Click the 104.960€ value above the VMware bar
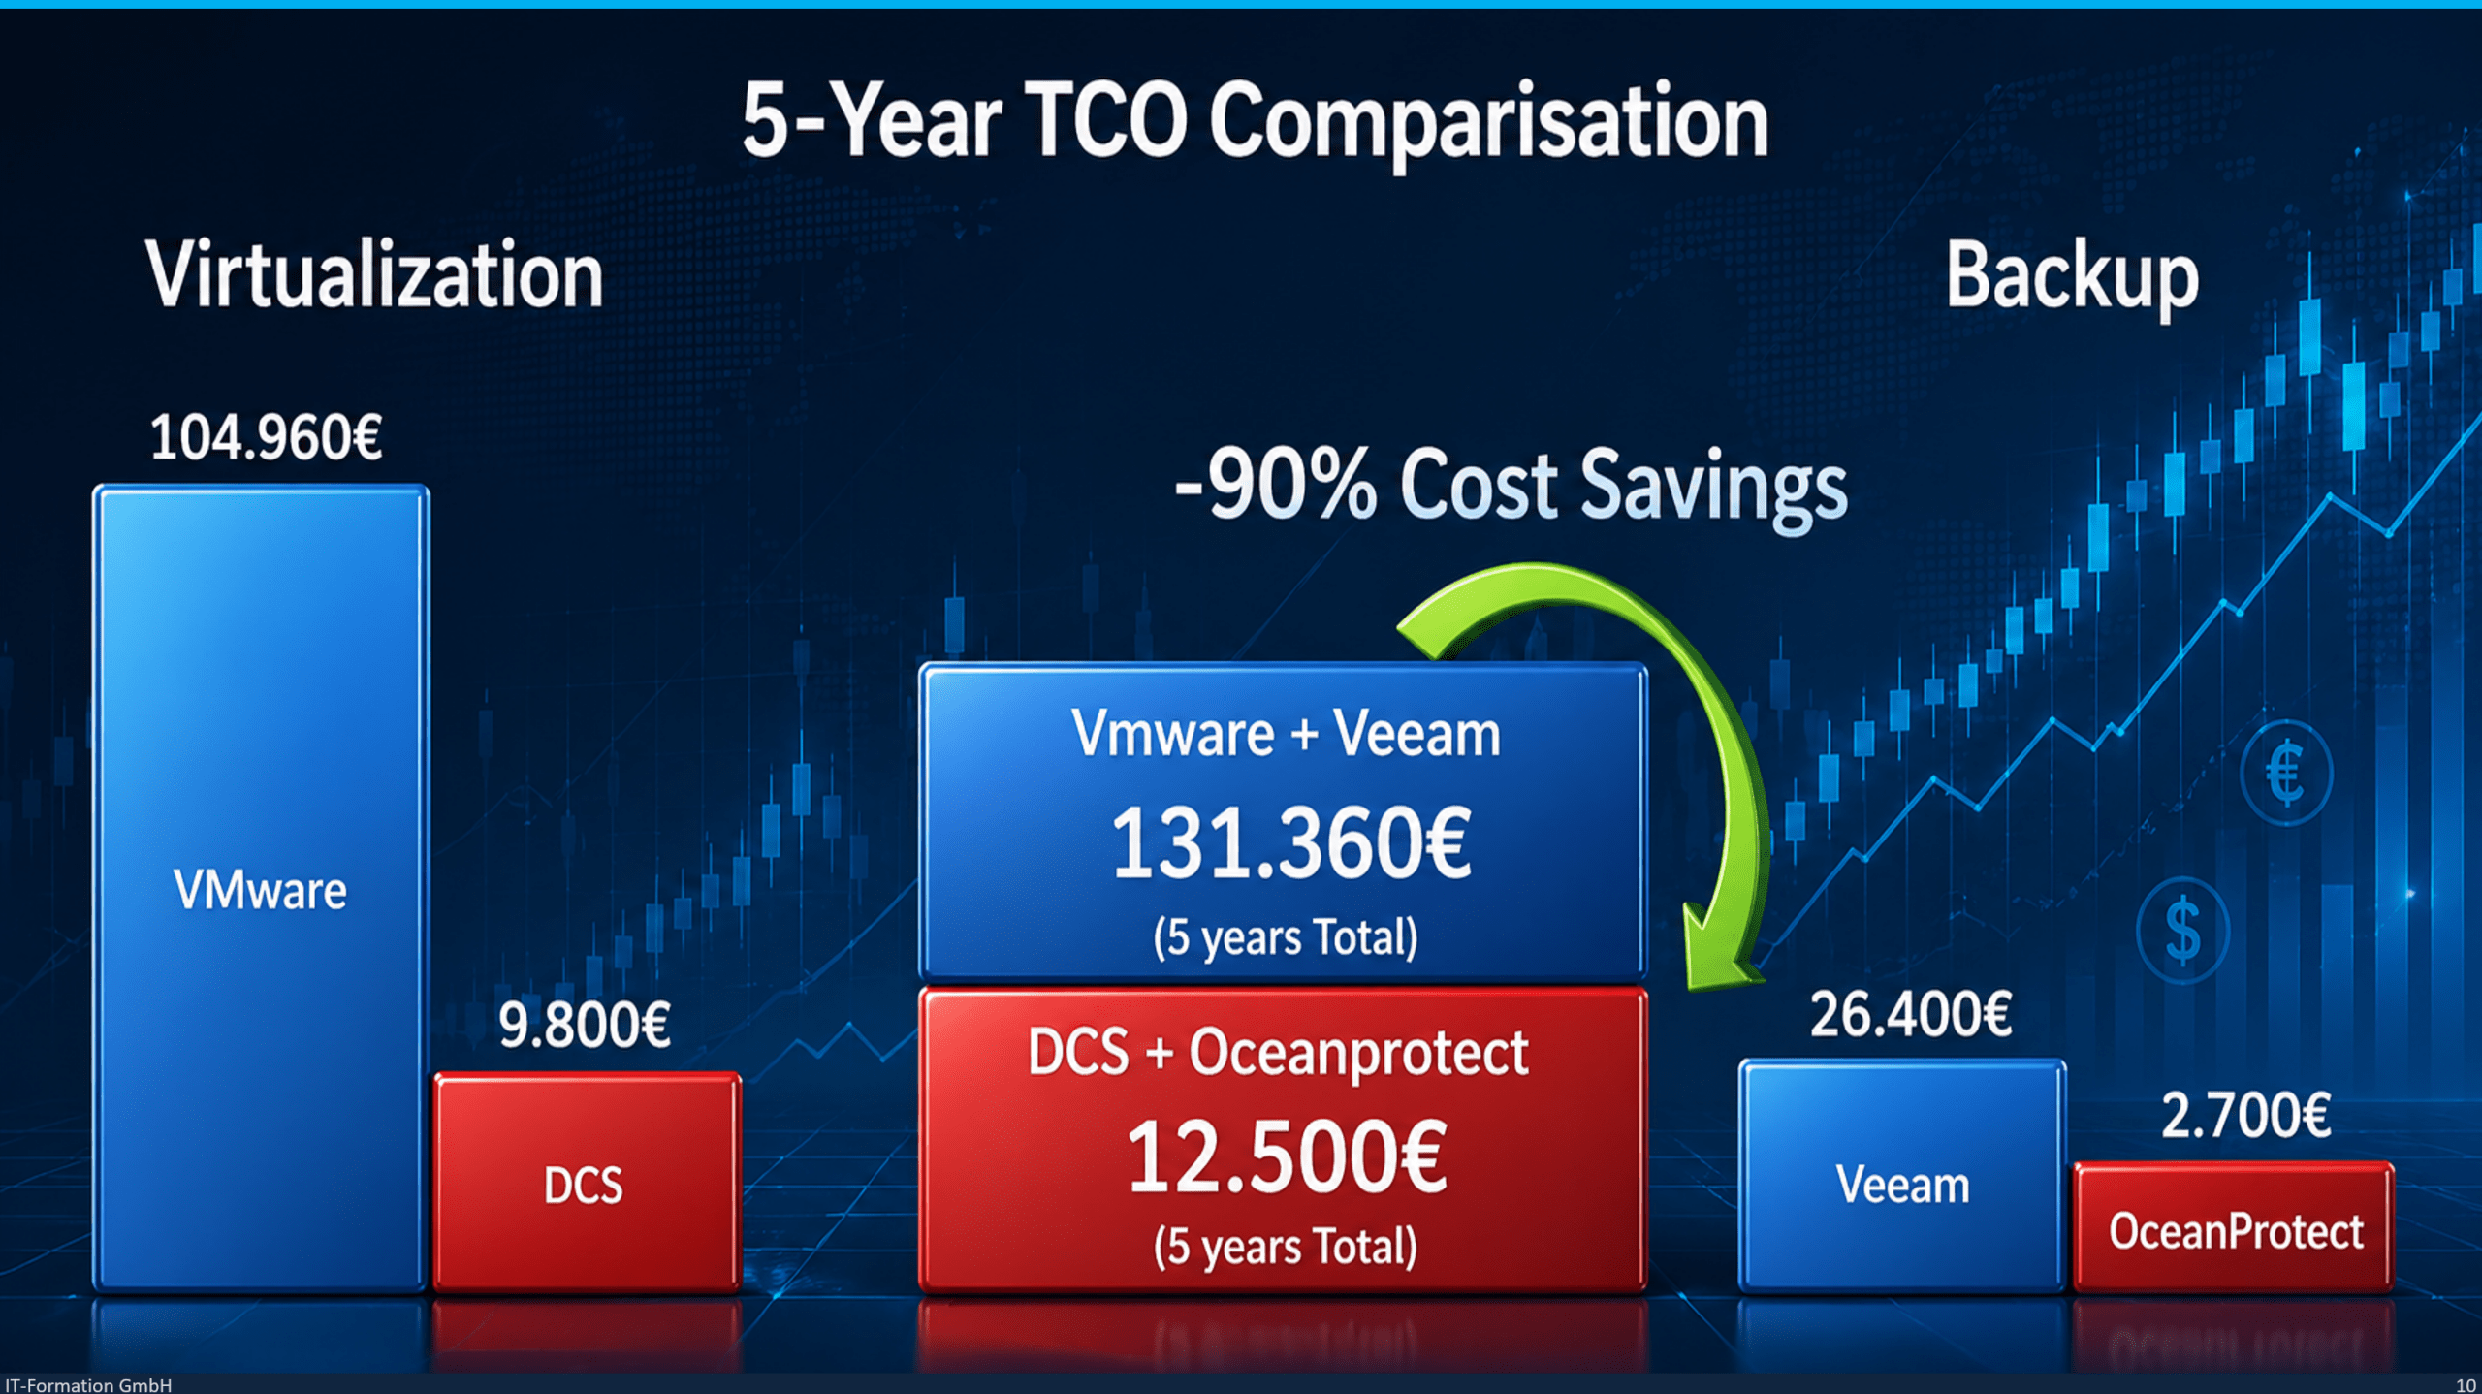pos(266,437)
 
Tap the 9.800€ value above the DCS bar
pos(584,1025)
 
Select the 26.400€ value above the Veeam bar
pos(1911,1015)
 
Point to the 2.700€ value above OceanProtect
pos(2245,1115)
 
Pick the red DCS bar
pos(588,1182)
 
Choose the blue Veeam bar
pos(1902,1176)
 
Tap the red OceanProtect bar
pos(2234,1227)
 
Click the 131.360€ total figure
pos(1290,843)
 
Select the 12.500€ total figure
pos(1287,1156)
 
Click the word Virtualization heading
pos(374,275)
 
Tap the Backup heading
pos(2072,277)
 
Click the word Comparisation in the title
pos(1489,122)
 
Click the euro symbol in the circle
pos(2286,773)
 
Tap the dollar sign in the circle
pos(2182,930)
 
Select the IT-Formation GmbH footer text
pos(88,1384)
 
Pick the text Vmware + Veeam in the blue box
pos(1286,733)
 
